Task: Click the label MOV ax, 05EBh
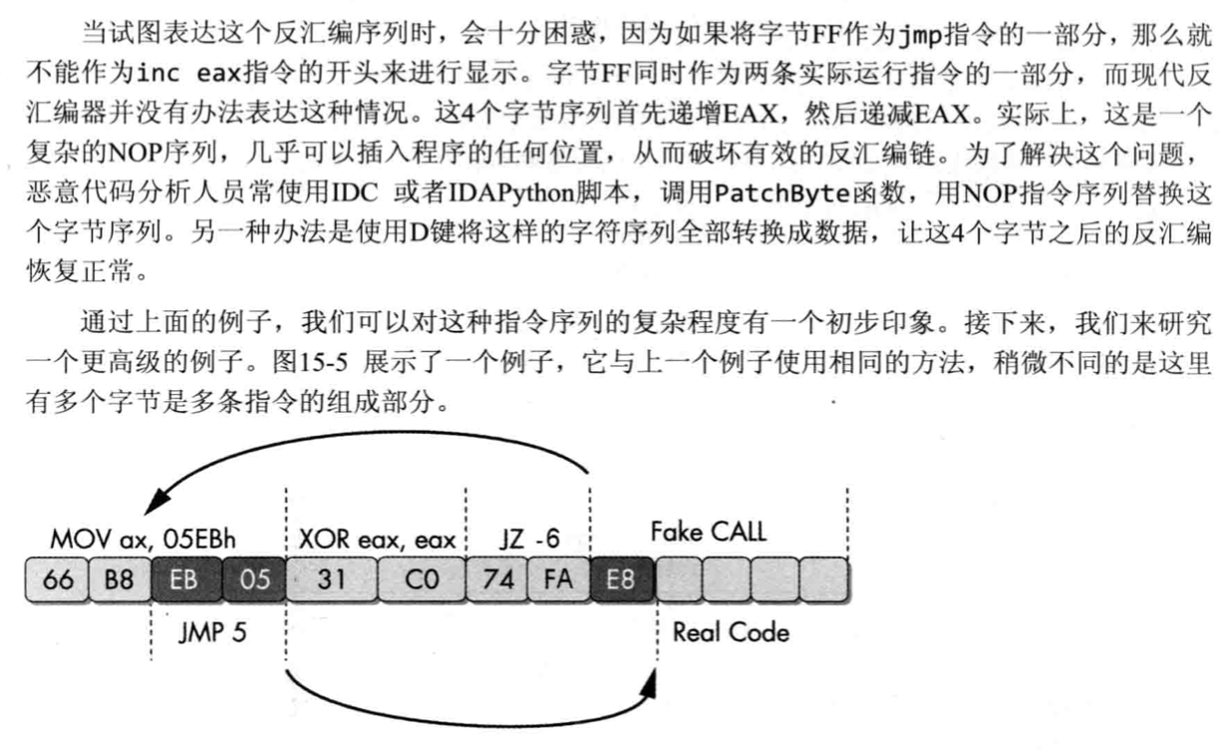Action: [x=146, y=539]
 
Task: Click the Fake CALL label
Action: [x=709, y=532]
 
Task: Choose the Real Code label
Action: [x=731, y=632]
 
